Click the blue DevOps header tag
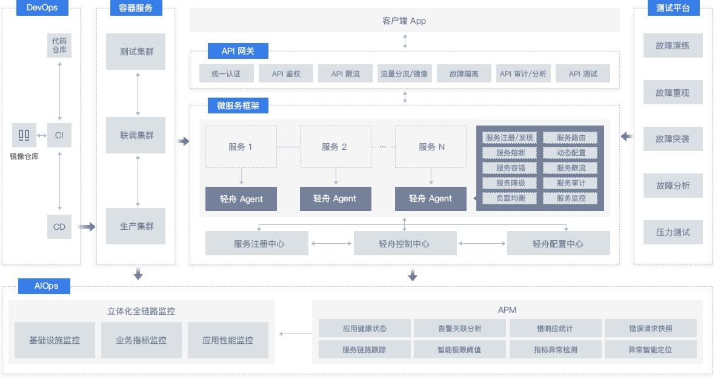coord(42,8)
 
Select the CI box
coord(59,135)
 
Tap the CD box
coord(59,227)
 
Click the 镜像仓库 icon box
coord(24,135)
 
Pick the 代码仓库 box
coord(59,45)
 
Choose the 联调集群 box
coord(136,135)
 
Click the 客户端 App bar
coord(405,21)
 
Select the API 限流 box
coord(345,73)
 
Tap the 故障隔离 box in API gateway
coord(464,73)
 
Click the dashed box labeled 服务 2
coord(335,147)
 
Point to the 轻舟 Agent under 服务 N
coord(430,199)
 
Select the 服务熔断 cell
coord(510,153)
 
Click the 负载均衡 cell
coord(510,198)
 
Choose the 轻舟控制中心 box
coord(405,244)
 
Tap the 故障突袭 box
coord(673,139)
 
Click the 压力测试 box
coord(673,232)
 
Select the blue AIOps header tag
coord(44,286)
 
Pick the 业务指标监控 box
coord(141,340)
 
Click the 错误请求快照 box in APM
coord(651,329)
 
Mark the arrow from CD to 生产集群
coord(86,227)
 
